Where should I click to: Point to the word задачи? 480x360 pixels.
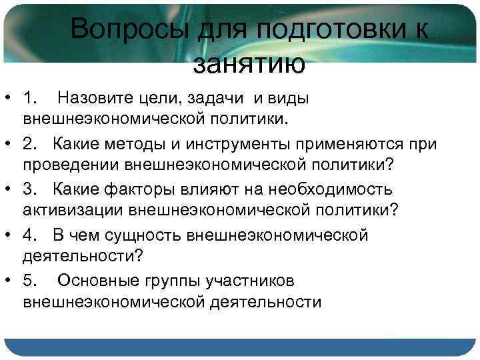click(x=215, y=99)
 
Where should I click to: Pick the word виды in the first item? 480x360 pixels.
click(x=287, y=99)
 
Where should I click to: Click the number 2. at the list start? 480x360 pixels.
click(x=32, y=145)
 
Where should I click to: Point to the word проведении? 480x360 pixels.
click(x=74, y=165)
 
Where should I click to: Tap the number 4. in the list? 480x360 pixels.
click(x=32, y=236)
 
